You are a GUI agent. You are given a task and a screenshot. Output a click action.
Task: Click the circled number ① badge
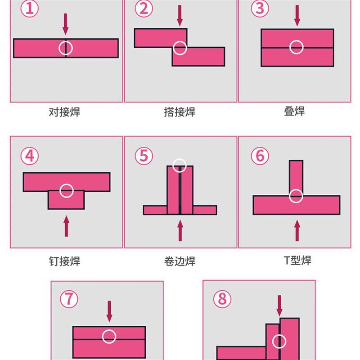29,9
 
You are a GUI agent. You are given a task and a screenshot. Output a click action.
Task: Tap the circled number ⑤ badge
144,156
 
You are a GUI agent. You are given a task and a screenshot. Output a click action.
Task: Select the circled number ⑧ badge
222,299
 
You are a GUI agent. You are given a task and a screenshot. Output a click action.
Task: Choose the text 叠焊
294,112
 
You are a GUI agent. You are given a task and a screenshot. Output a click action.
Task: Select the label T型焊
297,260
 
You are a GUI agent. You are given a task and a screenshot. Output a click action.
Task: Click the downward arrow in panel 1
66,24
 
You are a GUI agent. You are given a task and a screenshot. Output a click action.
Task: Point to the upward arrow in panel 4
67,226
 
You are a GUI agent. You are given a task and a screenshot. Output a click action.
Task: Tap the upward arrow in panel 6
297,230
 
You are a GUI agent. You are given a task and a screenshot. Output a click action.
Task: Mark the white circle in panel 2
180,48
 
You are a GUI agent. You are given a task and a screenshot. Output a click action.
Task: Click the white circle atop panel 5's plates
180,166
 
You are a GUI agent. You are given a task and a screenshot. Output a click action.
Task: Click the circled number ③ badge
260,9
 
